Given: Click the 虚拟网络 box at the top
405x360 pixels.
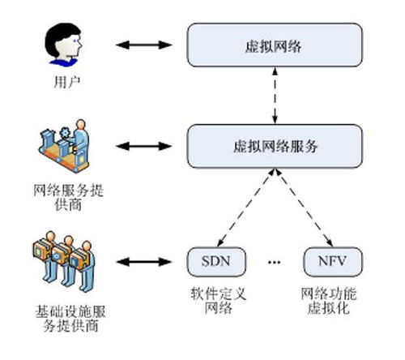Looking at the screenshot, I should (272, 45).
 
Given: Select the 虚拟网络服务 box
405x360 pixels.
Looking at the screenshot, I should (272, 146).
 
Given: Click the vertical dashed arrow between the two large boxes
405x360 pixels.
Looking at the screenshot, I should (272, 96).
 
